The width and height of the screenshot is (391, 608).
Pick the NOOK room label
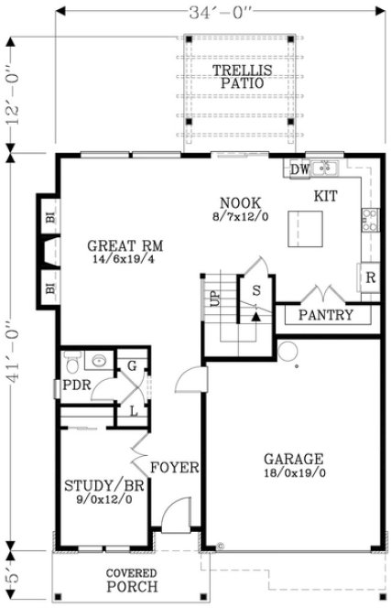241,202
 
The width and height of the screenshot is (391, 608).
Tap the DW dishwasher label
299,169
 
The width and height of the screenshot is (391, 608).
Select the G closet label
132,366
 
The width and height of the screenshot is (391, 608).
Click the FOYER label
175,467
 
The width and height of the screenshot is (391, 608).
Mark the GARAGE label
293,459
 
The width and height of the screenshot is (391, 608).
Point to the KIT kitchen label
326,196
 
